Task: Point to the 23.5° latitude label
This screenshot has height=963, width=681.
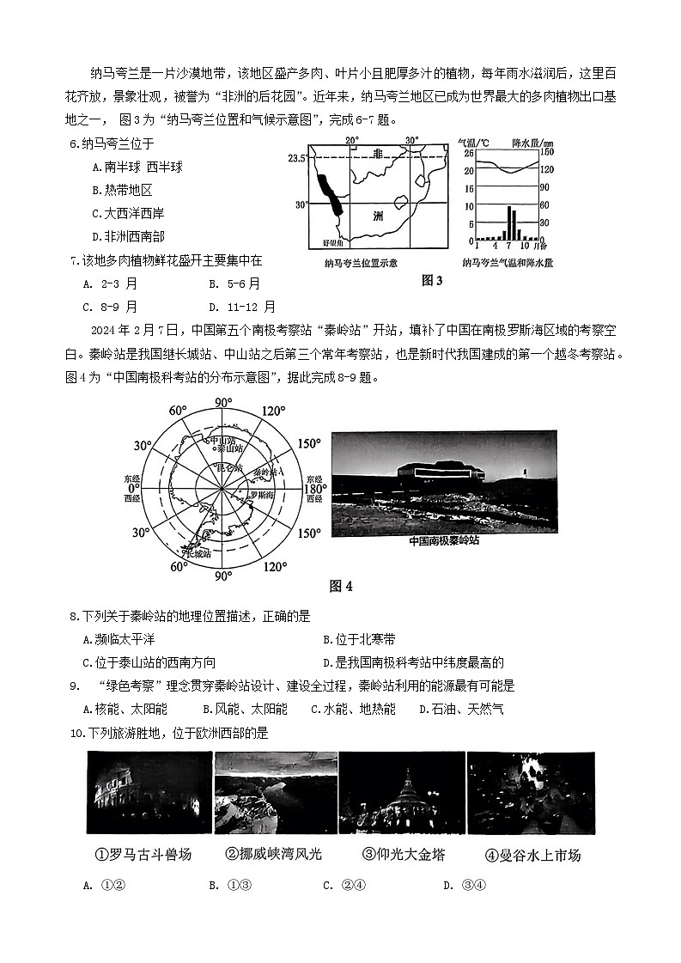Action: tap(297, 158)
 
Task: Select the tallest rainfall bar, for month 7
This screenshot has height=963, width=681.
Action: tap(508, 222)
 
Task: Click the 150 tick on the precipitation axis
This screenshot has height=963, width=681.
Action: tap(545, 153)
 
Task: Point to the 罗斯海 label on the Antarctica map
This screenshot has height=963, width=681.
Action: tap(263, 497)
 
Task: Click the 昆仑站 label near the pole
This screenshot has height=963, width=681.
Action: tap(228, 468)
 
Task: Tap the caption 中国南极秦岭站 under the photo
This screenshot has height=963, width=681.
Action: tap(443, 541)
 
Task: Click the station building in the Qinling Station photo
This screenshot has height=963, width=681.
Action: tap(441, 473)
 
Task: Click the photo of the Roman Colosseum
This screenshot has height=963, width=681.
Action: tap(149, 792)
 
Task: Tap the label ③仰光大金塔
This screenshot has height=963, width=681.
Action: tap(404, 855)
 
